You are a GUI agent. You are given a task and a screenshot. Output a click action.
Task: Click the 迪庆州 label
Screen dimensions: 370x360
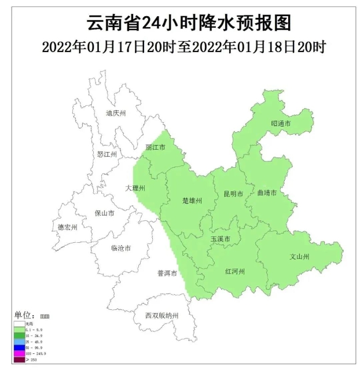click(x=116, y=114)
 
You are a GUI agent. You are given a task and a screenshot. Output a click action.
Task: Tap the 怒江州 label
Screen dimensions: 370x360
click(x=107, y=154)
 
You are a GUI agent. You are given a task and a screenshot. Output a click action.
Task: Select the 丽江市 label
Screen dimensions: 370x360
click(x=155, y=147)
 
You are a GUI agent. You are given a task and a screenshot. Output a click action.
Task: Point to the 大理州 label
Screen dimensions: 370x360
click(x=135, y=188)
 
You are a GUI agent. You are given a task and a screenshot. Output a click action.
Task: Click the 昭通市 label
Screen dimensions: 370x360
click(x=281, y=124)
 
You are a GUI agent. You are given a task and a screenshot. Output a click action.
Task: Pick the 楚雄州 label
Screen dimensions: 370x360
click(x=192, y=201)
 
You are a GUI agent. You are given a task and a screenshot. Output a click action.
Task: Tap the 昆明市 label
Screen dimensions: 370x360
click(x=233, y=194)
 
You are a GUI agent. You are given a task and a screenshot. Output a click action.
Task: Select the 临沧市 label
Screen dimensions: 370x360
click(x=120, y=248)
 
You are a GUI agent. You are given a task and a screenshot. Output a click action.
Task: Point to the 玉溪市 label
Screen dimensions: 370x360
click(x=221, y=239)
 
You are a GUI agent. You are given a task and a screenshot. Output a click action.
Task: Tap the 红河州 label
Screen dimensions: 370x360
click(x=235, y=271)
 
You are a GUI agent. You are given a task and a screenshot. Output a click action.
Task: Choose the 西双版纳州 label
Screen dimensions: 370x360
click(x=162, y=316)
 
